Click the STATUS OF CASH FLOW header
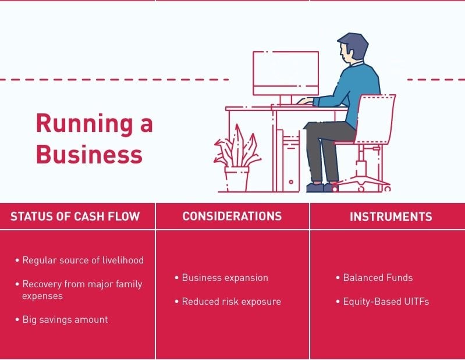click(75, 216)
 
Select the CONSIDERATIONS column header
click(232, 216)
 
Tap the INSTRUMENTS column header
click(391, 217)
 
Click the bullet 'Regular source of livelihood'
click(83, 260)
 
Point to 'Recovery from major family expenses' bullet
click(82, 290)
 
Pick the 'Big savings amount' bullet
click(65, 319)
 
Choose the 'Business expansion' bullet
click(225, 277)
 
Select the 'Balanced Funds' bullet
click(378, 277)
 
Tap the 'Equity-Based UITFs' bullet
click(386, 301)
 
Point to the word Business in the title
click(88, 154)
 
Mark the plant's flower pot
click(237, 179)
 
